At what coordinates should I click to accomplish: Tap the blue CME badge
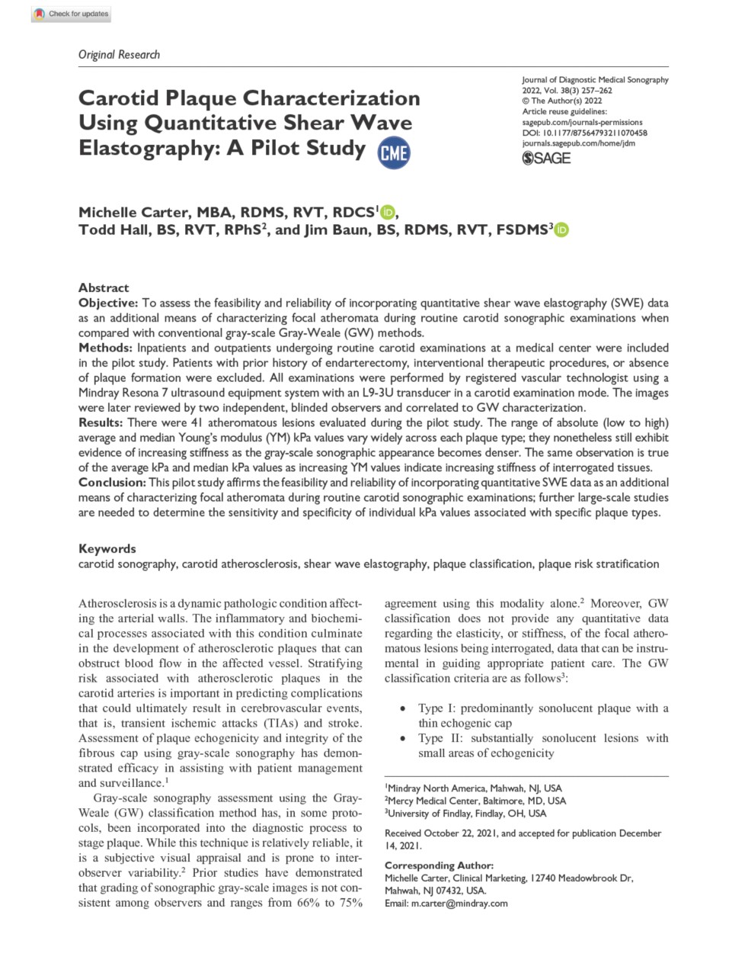pos(394,152)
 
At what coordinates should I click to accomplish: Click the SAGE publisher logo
pos(545,158)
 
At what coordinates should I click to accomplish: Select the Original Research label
pos(119,55)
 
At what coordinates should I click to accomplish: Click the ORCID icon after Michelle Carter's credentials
pos(388,213)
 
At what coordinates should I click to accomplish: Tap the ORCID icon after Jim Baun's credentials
pos(562,230)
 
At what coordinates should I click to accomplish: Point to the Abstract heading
pos(104,287)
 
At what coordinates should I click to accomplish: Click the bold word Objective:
pos(108,303)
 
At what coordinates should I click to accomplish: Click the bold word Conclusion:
pos(112,482)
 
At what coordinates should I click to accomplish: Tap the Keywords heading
pos(107,548)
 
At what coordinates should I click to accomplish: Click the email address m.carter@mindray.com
pos(459,903)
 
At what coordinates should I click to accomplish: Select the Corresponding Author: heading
pos(439,865)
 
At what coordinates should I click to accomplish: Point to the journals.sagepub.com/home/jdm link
pos(578,143)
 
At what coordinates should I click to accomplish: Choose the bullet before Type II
pos(403,738)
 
